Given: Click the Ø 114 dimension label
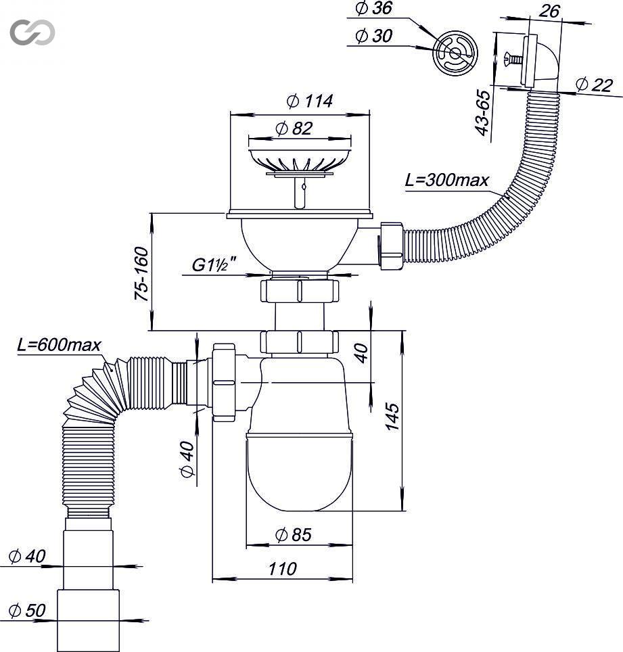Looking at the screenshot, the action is click(x=310, y=101).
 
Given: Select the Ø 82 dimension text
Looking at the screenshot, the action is click(x=294, y=128).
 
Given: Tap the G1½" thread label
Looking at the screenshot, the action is click(x=214, y=265).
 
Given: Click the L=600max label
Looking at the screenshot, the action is click(x=59, y=345).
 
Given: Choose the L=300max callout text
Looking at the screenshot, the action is click(x=447, y=180).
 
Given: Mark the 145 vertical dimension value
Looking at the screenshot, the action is click(x=392, y=416).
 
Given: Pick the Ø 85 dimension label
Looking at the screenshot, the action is click(x=294, y=535).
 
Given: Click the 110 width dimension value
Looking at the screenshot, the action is click(x=283, y=569).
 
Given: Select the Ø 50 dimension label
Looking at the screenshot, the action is click(x=27, y=611).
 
